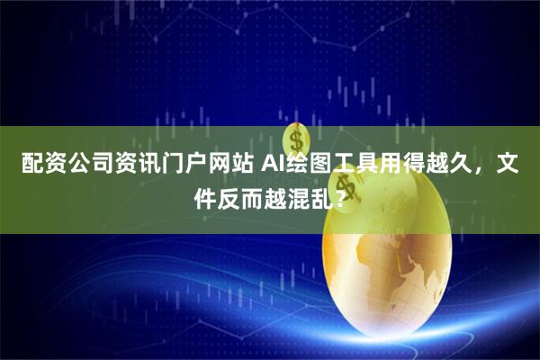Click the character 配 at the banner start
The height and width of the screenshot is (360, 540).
click(x=31, y=165)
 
